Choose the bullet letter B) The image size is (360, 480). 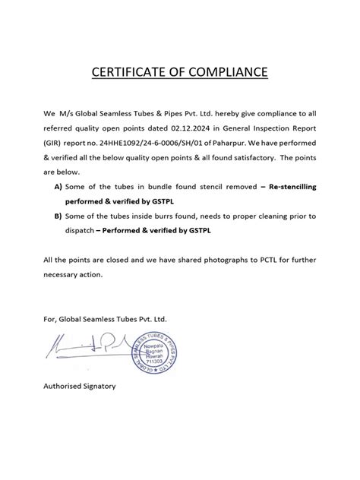tap(58, 216)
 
